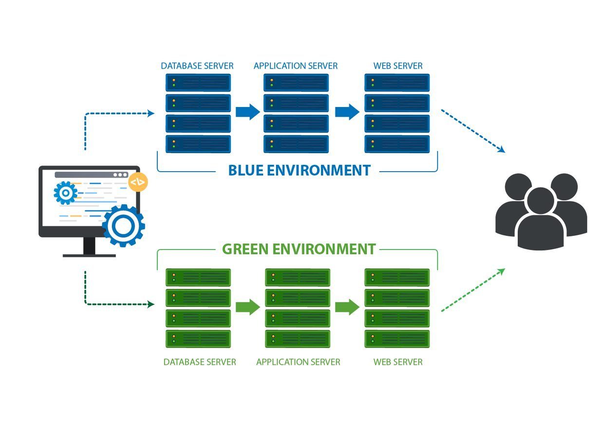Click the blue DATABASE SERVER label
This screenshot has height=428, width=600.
(x=197, y=66)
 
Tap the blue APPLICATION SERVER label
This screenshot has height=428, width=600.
(x=296, y=66)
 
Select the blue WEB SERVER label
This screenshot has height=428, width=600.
(x=398, y=66)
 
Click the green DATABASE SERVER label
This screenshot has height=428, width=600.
(x=200, y=362)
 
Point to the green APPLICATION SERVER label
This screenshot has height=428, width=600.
(x=298, y=362)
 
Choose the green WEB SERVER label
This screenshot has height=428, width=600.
(x=398, y=362)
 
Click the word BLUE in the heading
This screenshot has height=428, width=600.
(x=246, y=171)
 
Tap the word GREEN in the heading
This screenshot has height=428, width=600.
(x=245, y=249)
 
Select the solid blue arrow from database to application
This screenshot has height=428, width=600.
(x=247, y=112)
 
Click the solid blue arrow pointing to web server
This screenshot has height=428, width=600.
(x=347, y=112)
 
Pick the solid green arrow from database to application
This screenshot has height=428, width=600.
(x=247, y=307)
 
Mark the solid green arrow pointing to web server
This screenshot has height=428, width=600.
(x=347, y=307)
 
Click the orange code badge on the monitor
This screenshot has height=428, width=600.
(x=138, y=182)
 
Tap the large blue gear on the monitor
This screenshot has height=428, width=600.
(x=123, y=225)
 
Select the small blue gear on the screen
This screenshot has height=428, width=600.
(x=65, y=193)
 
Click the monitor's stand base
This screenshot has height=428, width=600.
(x=89, y=254)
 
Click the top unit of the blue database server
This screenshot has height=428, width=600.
(x=198, y=83)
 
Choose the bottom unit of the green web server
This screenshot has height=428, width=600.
(x=397, y=339)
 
